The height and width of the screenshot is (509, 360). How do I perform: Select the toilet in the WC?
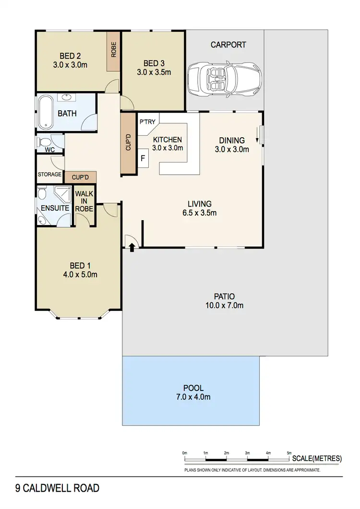[45, 142]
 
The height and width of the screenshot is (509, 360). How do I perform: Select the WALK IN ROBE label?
[84, 201]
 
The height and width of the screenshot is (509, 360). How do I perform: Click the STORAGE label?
[50, 175]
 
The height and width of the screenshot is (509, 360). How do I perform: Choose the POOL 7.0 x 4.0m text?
[193, 392]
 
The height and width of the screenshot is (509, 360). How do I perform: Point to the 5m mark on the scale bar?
[289, 453]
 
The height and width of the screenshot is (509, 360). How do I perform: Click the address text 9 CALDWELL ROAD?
[57, 488]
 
